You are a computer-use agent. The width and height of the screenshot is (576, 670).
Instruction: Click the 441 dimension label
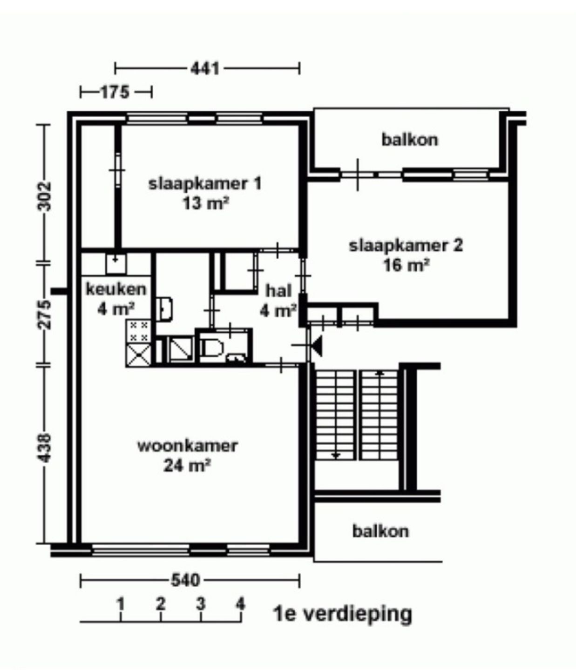point(205,69)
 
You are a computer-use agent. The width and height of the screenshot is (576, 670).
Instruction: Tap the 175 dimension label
point(115,92)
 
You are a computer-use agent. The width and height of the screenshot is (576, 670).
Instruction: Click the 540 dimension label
point(185,580)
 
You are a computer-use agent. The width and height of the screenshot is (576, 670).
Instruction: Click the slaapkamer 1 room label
point(205,183)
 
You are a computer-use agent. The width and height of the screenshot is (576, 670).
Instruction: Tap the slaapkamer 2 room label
point(406,246)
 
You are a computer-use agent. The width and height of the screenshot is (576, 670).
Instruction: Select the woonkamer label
point(187,446)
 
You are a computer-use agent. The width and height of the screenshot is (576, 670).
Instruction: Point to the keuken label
point(116,289)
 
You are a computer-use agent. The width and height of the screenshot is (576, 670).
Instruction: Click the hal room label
point(278,291)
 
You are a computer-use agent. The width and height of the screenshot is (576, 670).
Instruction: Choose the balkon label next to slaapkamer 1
point(410,139)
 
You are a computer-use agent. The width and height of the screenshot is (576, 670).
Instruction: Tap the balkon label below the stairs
point(380,531)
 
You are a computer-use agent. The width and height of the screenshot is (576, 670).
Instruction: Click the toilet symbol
point(212,347)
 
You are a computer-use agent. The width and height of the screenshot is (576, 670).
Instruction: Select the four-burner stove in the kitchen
point(138,330)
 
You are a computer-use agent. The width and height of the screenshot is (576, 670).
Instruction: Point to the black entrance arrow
point(317,346)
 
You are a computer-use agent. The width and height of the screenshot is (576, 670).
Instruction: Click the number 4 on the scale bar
point(240,603)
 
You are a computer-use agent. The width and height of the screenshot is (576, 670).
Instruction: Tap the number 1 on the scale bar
point(121,603)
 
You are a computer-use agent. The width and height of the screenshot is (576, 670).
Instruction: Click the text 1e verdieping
point(343,614)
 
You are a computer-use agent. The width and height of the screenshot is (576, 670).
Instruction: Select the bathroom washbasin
point(165,309)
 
